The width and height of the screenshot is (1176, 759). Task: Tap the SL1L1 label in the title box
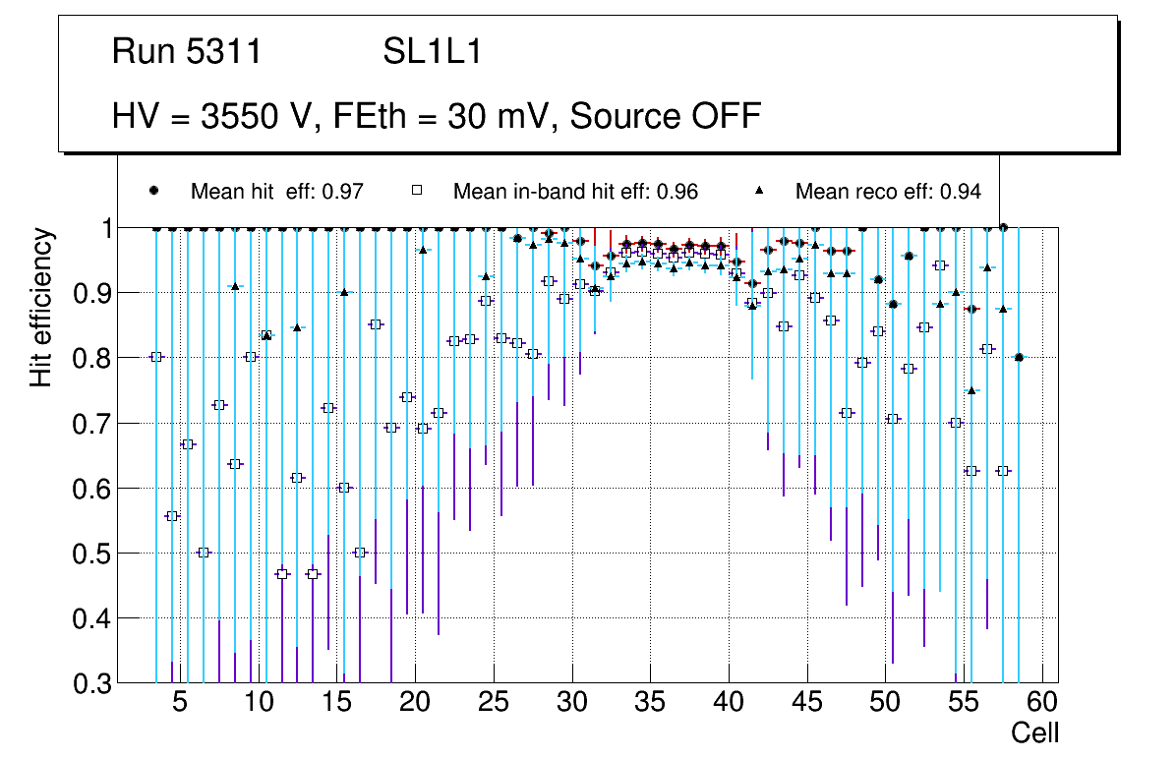coord(433,52)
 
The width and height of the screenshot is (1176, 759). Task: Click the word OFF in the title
coord(722,116)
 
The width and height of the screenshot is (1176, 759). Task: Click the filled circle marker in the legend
coord(153,191)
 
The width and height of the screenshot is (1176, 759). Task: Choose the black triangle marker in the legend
coord(759,191)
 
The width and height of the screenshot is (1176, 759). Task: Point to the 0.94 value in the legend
coord(960,192)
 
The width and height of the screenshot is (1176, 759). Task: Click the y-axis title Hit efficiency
coord(41,308)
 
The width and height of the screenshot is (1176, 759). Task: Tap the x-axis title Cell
coord(1035,732)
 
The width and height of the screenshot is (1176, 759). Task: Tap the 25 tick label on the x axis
coord(494,703)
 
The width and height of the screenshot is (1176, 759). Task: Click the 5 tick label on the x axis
coord(180,703)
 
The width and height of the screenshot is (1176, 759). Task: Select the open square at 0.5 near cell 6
coord(204,553)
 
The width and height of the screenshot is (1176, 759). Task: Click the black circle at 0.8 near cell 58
coord(1019,358)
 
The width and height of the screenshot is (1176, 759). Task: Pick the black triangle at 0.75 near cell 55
coord(971,390)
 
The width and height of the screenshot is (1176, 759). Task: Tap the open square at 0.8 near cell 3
coord(156,357)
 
